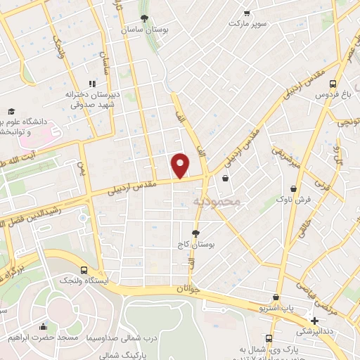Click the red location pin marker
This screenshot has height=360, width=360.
(x=181, y=165)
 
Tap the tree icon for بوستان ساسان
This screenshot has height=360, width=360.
(x=144, y=18)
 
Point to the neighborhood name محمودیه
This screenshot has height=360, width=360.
(x=216, y=201)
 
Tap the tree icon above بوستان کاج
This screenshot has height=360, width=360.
(x=195, y=233)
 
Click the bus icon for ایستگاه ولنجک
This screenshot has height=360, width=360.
(x=84, y=270)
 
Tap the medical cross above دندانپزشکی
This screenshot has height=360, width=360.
(x=314, y=320)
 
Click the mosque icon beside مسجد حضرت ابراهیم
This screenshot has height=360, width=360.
(x=43, y=326)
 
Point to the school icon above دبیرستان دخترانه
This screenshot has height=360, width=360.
(x=92, y=83)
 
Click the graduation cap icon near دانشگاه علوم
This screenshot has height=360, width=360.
(x=11, y=111)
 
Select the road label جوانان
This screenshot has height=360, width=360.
(x=190, y=288)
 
